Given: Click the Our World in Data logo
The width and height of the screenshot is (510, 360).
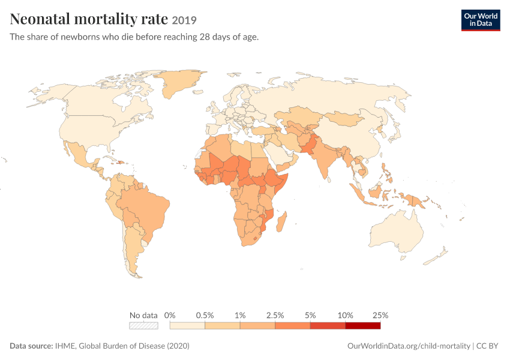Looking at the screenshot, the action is pos(481,20).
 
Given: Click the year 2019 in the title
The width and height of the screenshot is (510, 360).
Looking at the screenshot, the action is pos(184,20).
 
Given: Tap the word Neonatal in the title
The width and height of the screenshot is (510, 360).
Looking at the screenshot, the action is pos(40,19).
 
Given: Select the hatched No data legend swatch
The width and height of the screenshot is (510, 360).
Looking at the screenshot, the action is pos(143,326).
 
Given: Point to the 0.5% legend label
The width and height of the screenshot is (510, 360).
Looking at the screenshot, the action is pos(205,315).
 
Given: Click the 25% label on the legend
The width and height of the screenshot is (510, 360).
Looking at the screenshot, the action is pos(380,315).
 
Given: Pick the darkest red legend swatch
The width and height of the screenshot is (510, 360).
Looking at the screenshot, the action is pos(362,326).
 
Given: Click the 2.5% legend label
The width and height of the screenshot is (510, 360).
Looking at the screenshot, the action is pos(275,315).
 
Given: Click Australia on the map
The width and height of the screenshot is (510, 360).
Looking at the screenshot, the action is pos(397,232).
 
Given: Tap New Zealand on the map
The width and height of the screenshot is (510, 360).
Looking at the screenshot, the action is pos(436,256).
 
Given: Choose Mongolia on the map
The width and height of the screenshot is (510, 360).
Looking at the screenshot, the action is pos(344,118).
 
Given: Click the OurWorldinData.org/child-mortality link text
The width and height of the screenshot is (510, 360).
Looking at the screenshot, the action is pos(409,346).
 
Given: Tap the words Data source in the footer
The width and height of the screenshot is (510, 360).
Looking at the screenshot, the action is pos(31,346).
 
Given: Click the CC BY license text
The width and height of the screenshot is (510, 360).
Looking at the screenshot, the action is pos(487,346).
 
